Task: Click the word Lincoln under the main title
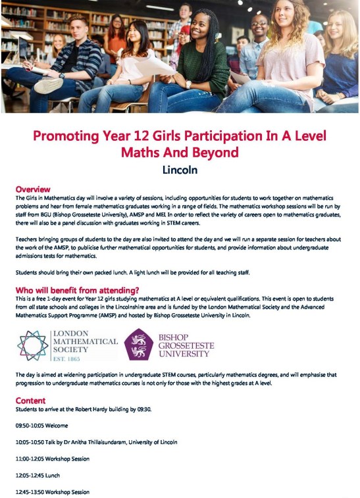click(x=180, y=170)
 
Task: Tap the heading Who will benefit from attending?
click(x=77, y=290)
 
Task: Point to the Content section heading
click(x=30, y=400)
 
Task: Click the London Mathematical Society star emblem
click(x=33, y=345)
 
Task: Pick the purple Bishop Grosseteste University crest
click(x=139, y=344)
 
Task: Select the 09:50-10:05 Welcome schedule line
click(x=41, y=425)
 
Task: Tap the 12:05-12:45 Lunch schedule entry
click(x=37, y=475)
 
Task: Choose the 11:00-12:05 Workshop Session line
click(x=52, y=459)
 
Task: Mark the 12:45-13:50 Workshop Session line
click(x=52, y=491)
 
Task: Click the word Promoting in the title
click(x=68, y=137)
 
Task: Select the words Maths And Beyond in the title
click(x=180, y=153)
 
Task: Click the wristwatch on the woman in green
click(x=188, y=85)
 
